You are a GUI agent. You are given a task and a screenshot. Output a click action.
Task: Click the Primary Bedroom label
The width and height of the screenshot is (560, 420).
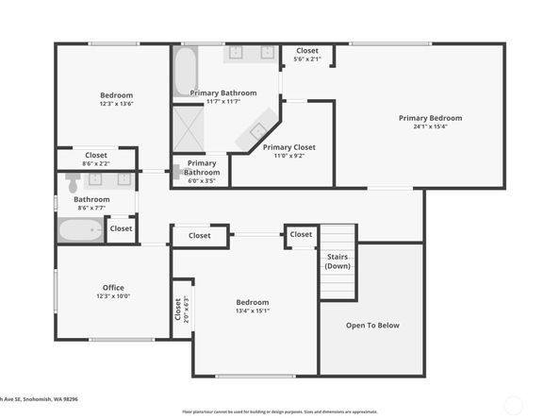pyautogui.click(x=430, y=118)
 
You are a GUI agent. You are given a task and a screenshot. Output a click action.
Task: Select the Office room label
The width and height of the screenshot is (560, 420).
pyautogui.click(x=113, y=288)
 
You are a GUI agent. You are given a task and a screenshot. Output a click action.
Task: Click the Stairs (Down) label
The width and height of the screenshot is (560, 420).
pyautogui.click(x=338, y=261)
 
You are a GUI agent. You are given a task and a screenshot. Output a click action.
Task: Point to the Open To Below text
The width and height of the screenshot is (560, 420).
pyautogui.click(x=372, y=326)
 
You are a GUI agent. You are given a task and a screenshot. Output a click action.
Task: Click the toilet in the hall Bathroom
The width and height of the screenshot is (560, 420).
pyautogui.click(x=73, y=182)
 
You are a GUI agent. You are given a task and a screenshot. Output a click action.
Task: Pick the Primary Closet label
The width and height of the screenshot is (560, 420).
pyautogui.click(x=289, y=147)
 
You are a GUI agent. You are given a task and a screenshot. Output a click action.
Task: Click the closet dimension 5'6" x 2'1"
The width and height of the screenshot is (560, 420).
pyautogui.click(x=307, y=59)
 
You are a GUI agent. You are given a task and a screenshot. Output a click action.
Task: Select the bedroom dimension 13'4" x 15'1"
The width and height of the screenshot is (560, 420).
pyautogui.click(x=252, y=311)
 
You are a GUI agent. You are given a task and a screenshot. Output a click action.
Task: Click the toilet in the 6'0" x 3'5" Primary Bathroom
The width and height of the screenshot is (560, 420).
pyautogui.click(x=177, y=172)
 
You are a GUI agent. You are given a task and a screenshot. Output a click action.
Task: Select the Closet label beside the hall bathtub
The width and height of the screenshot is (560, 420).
pyautogui.click(x=121, y=228)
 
